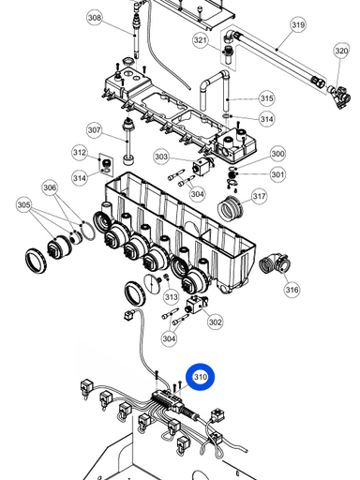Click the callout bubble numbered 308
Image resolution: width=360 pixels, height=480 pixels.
tap(95, 18)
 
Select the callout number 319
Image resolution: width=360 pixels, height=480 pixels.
tap(298, 24)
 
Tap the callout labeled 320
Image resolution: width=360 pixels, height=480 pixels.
tap(341, 51)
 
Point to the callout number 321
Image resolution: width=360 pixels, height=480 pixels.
tap(201, 40)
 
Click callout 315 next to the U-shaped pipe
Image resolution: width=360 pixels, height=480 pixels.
tap(266, 98)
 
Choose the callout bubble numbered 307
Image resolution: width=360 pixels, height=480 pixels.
tap(95, 130)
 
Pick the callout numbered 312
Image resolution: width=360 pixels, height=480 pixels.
tap(80, 153)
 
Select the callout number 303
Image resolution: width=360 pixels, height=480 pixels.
tap(161, 157)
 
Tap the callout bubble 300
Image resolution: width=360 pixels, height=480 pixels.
tap(277, 154)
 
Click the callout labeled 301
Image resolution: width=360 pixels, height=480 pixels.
tap(277, 174)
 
